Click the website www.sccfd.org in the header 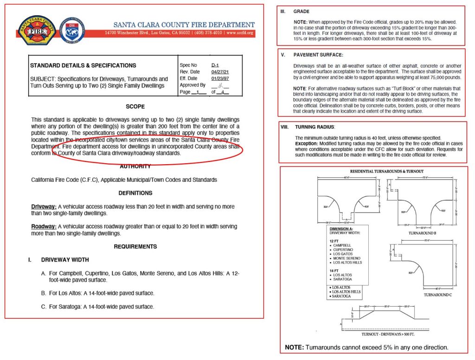240,33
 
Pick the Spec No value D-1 214,65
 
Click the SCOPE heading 135,106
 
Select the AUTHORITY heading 135,167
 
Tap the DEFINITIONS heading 135,193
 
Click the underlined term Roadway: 44,226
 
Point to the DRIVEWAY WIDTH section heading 65,260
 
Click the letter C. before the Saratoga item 44,307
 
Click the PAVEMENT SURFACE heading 317,54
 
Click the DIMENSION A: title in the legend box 343,229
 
